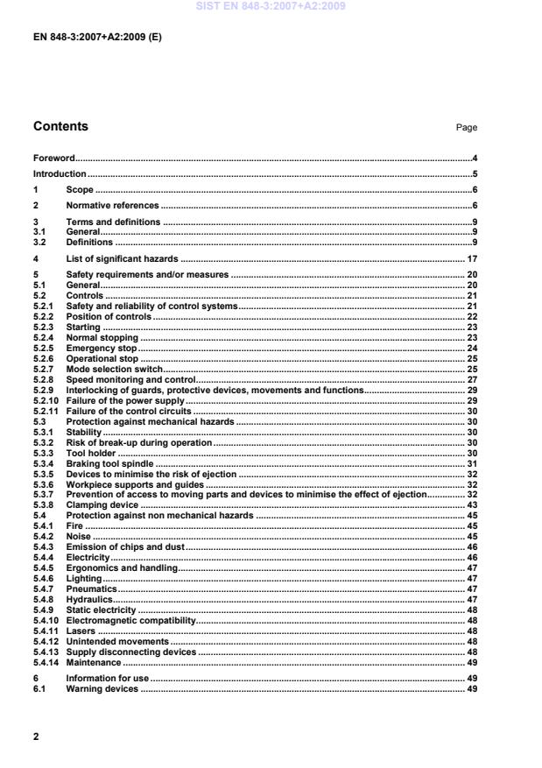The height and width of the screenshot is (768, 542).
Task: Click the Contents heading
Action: (x=60, y=126)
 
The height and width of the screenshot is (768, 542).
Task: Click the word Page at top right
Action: (x=466, y=128)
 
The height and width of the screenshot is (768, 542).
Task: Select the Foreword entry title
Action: (x=53, y=159)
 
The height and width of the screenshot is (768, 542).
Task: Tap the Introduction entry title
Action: (x=60, y=174)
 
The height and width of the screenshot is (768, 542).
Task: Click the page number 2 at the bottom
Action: (x=36, y=736)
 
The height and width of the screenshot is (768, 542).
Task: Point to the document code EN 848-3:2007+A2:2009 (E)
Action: (x=96, y=39)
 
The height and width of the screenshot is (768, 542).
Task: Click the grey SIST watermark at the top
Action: (x=271, y=5)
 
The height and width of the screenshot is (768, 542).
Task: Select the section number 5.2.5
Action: (x=44, y=349)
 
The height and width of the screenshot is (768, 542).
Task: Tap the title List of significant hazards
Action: (x=123, y=260)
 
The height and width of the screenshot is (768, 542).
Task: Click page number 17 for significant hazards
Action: (x=470, y=260)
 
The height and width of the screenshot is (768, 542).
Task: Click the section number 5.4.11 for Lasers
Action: (x=46, y=631)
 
